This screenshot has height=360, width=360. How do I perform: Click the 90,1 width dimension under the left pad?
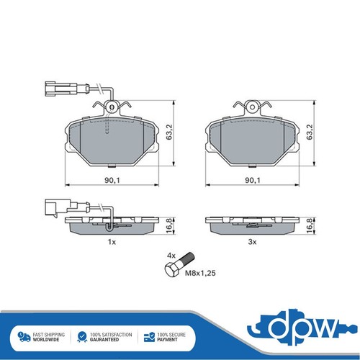(112, 180)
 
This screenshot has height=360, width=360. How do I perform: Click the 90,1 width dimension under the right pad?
(253, 180)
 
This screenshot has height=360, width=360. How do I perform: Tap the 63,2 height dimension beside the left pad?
(170, 132)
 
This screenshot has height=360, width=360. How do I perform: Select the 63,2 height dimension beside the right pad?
(310, 132)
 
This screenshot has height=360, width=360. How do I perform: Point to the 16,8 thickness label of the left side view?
(170, 225)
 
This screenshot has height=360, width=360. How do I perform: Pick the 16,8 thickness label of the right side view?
(310, 225)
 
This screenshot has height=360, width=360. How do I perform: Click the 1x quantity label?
(112, 242)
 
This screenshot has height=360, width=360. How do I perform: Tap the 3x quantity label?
(252, 242)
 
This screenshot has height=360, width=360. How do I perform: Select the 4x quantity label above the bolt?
(171, 256)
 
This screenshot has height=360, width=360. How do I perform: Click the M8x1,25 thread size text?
(200, 273)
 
